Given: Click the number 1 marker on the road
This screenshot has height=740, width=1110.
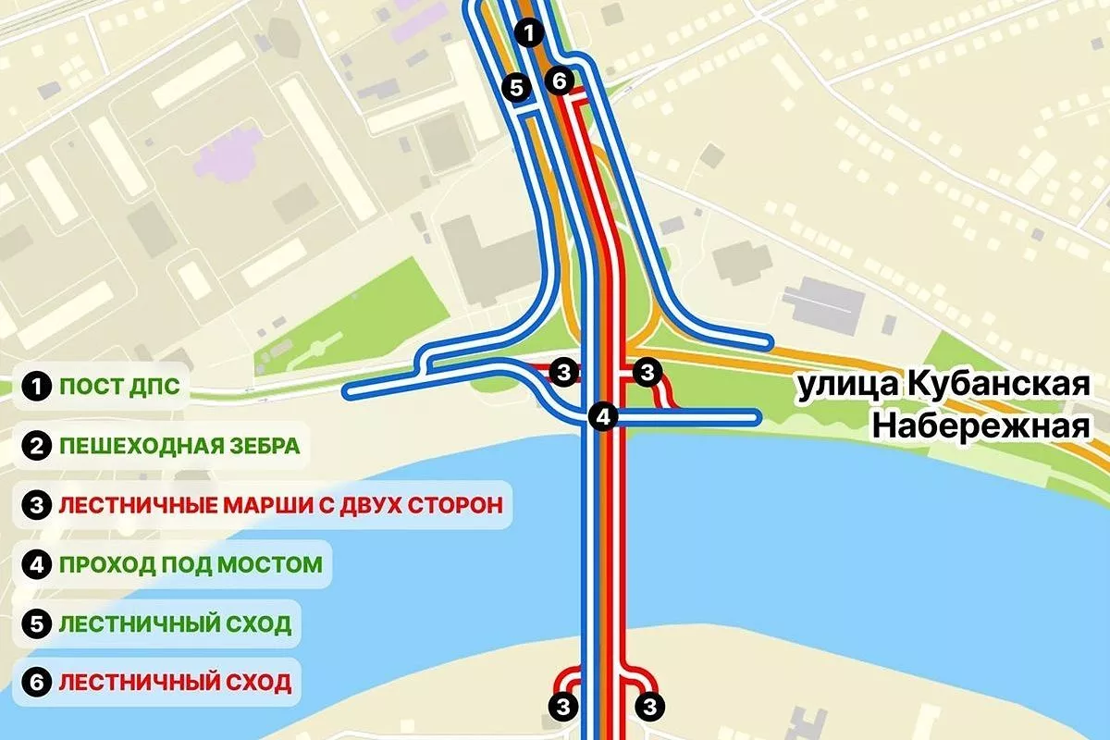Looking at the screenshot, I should coord(528,34).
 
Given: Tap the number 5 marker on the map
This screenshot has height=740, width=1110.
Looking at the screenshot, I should coord(516,87).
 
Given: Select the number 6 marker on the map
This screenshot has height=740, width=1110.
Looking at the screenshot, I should coord(558,81).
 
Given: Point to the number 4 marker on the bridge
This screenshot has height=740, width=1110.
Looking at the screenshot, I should coord(603,416).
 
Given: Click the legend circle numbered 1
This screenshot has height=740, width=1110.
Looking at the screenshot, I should coord(37,387).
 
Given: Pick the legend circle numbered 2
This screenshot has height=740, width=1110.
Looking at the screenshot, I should coord(37,446).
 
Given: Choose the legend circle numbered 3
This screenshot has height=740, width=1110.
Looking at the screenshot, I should coord(37,505).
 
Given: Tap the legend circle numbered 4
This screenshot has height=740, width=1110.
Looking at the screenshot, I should coord(37,564).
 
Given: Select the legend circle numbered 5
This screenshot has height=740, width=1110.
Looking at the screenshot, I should coord(37,623).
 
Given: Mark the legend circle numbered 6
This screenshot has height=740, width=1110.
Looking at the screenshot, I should coord(37,683).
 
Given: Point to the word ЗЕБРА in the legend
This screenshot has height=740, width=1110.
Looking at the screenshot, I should coord(257,446).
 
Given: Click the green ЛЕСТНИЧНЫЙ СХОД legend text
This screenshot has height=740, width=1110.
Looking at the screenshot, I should coord(175,623).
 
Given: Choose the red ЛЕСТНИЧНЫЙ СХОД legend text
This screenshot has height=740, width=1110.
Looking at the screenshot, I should coord(175,683).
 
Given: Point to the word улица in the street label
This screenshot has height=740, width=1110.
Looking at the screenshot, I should coord(836,386).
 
